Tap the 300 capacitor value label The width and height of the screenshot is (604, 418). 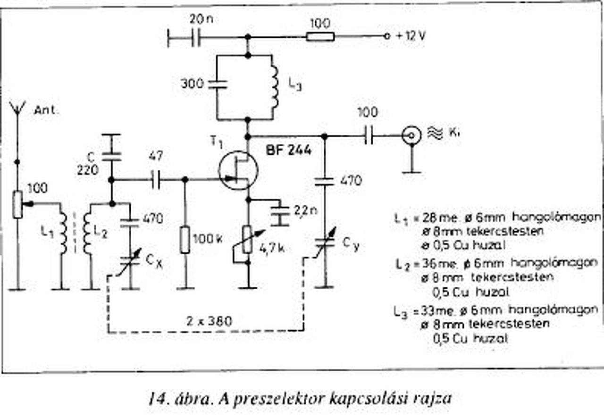pos(192,84)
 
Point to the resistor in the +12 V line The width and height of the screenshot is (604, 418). pos(320,36)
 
